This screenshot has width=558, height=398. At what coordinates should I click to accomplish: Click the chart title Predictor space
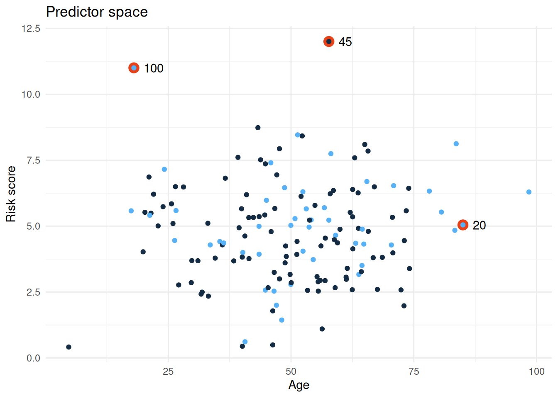pyautogui.click(x=97, y=12)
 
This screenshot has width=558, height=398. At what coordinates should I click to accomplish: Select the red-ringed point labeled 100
pyautogui.click(x=134, y=68)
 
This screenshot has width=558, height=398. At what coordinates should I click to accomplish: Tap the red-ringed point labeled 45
pyautogui.click(x=329, y=41)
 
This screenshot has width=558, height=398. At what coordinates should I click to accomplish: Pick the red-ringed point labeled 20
pyautogui.click(x=463, y=225)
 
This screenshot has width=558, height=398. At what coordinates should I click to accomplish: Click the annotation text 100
pyautogui.click(x=154, y=68)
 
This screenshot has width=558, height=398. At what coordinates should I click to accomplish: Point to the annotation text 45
pyautogui.click(x=345, y=42)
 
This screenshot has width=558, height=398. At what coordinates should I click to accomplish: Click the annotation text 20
pyautogui.click(x=479, y=225)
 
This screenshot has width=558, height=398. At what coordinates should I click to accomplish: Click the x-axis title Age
pyautogui.click(x=299, y=385)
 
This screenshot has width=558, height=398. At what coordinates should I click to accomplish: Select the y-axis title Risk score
pyautogui.click(x=11, y=194)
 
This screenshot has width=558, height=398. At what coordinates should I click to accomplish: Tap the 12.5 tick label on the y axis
pyautogui.click(x=31, y=29)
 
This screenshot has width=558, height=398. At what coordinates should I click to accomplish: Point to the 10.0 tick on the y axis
pyautogui.click(x=31, y=95)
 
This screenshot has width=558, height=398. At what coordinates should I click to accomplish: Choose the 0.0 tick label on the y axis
pyautogui.click(x=33, y=358)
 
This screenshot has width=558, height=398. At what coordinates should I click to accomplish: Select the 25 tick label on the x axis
pyautogui.click(x=168, y=371)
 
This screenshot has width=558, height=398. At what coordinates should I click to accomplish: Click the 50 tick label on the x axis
pyautogui.click(x=291, y=371)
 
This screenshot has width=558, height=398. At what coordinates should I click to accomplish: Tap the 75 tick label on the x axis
pyautogui.click(x=414, y=371)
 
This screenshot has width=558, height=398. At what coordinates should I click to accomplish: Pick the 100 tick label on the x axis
pyautogui.click(x=536, y=371)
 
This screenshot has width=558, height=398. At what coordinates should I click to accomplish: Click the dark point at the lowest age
pyautogui.click(x=69, y=347)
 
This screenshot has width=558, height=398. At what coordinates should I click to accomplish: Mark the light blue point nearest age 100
pyautogui.click(x=529, y=192)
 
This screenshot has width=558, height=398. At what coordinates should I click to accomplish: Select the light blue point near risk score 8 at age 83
pyautogui.click(x=456, y=144)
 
